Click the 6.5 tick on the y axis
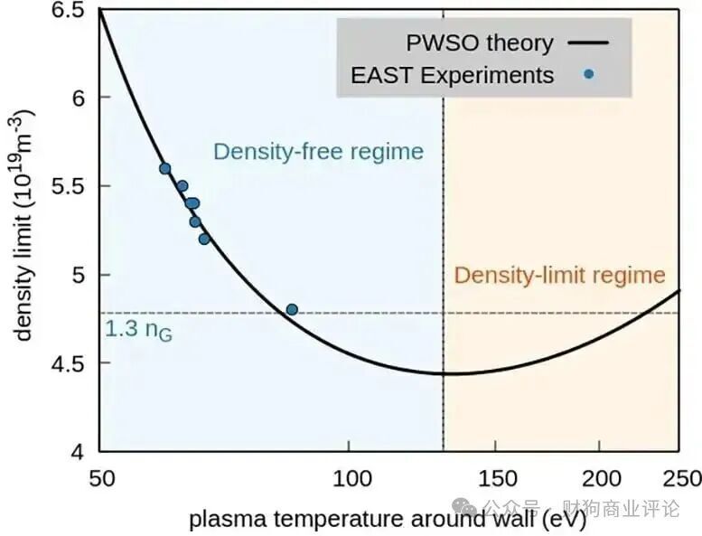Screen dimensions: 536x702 (70, 11)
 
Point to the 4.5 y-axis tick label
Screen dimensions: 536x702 (70, 363)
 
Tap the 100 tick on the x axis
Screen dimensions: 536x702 (350, 477)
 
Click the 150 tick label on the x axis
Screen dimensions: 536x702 (497, 477)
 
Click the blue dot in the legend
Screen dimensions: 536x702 (588, 74)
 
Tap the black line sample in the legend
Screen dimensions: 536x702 (588, 42)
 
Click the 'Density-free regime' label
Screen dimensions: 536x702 (318, 151)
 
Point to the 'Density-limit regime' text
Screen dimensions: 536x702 (559, 276)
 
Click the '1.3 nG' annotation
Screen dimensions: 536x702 (138, 331)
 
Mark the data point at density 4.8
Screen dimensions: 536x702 (292, 309)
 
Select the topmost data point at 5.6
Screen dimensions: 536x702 (164, 168)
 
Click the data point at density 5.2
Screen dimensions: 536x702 (204, 239)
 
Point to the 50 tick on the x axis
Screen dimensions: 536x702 (99, 477)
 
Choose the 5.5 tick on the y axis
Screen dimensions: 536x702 (70, 186)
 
